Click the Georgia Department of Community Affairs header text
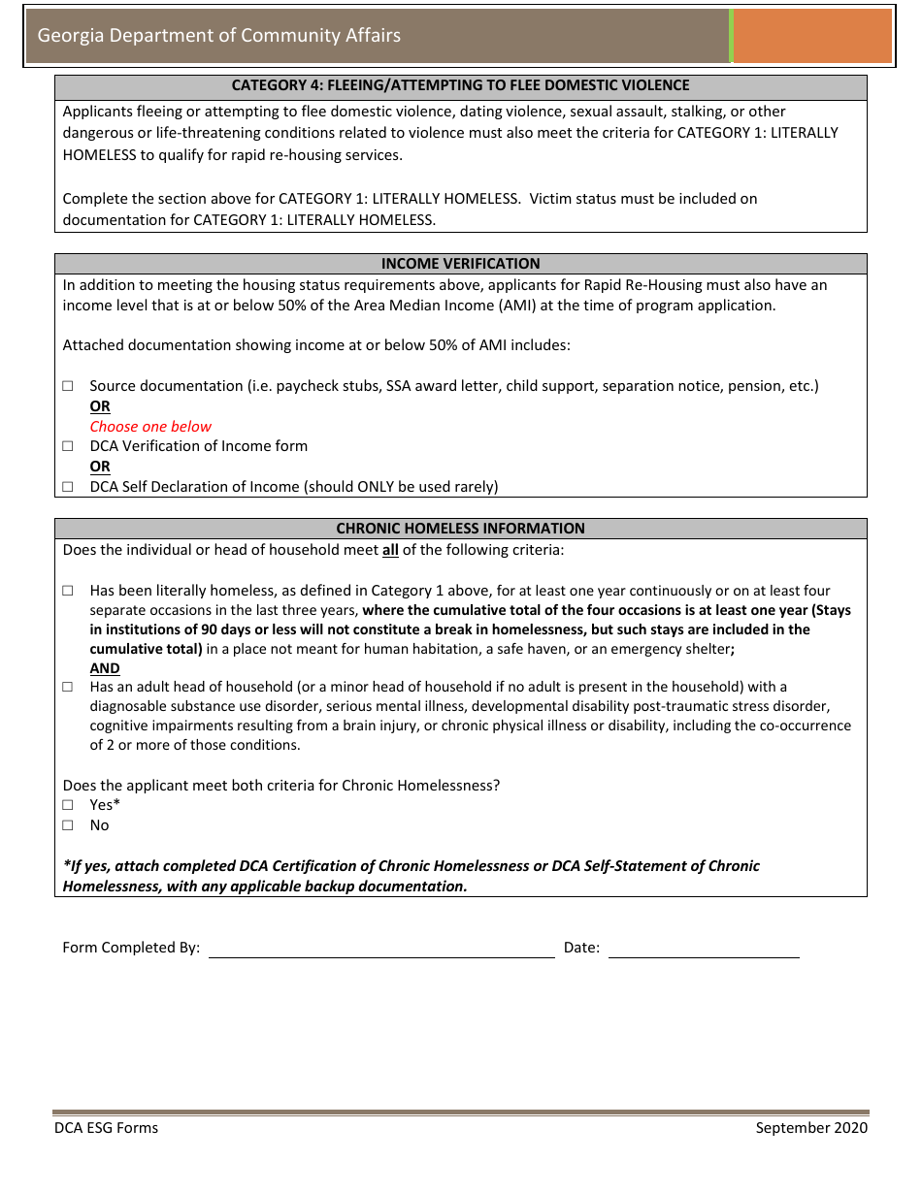point(218,36)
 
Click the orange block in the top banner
point(812,36)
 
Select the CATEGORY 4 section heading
point(460,85)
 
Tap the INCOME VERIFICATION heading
point(460,264)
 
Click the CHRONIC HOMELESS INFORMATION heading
point(460,529)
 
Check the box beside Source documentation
point(68,386)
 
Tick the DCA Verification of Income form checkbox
point(68,446)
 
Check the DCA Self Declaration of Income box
point(68,487)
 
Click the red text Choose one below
point(150,427)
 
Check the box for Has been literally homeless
point(68,591)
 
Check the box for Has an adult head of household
point(68,687)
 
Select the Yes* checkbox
point(68,805)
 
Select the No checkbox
point(68,825)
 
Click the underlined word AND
point(105,668)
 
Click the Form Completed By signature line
point(381,949)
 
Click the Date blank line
point(704,949)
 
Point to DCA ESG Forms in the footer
point(106,1127)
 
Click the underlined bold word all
point(390,550)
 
